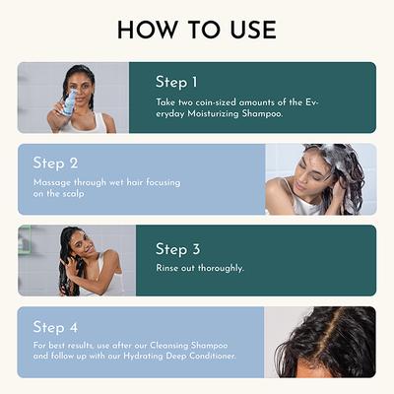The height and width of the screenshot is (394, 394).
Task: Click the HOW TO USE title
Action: click(197, 30)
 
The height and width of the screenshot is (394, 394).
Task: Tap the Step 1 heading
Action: click(177, 82)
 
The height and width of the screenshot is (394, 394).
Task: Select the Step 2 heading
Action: click(56, 163)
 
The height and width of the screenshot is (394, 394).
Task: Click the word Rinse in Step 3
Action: click(168, 268)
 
